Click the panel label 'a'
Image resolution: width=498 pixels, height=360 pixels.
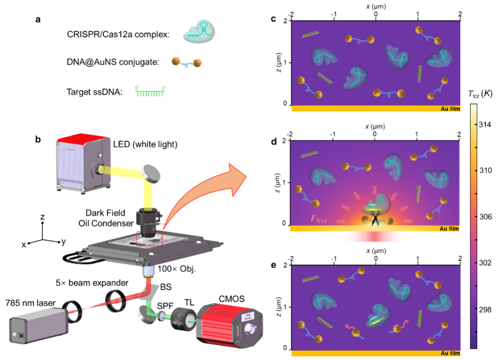(x=38, y=20)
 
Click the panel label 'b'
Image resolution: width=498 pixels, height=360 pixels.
(x=38, y=140)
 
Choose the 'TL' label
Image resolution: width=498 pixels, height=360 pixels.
(x=189, y=302)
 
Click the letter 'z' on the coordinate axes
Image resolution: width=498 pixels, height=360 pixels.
(x=42, y=217)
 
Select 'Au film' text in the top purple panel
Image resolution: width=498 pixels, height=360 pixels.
(x=448, y=109)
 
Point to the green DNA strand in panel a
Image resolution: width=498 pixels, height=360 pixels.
(x=150, y=91)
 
